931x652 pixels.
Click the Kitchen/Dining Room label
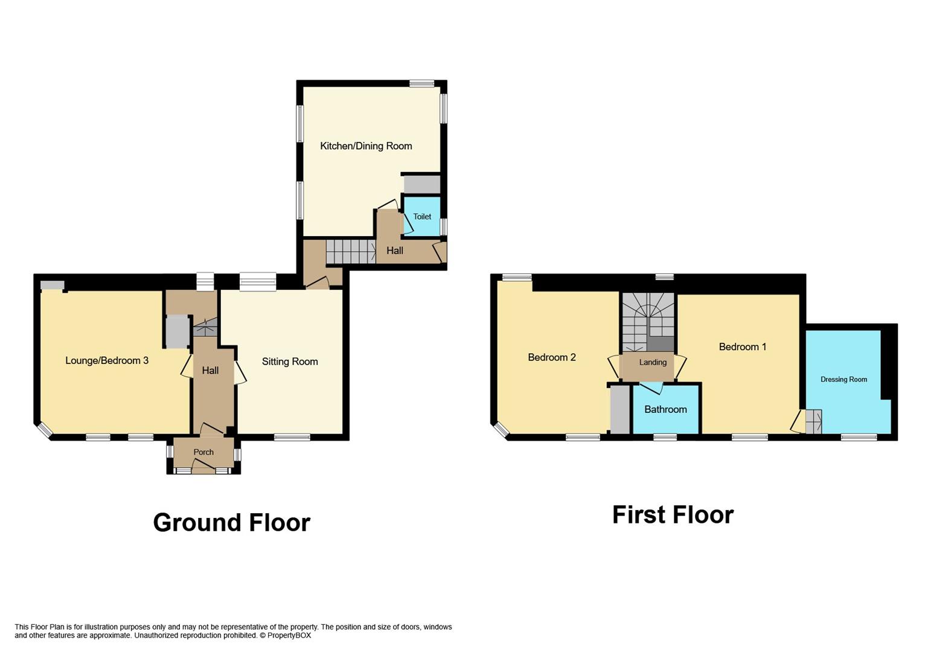click(366, 146)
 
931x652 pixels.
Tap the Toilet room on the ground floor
click(422, 217)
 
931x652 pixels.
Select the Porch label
click(203, 452)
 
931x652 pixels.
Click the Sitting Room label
click(290, 362)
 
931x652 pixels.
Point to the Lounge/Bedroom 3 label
click(107, 361)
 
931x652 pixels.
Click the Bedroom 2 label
click(552, 357)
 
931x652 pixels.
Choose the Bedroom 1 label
click(743, 347)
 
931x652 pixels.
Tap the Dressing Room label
click(843, 380)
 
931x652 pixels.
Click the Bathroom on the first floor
click(665, 409)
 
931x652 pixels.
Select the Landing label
click(653, 362)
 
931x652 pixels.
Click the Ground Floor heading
click(231, 523)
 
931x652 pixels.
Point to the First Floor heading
click(673, 515)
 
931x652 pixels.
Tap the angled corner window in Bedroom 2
click(501, 429)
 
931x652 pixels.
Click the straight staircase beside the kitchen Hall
click(350, 251)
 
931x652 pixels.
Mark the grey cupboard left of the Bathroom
click(620, 411)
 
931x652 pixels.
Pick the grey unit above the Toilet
click(421, 184)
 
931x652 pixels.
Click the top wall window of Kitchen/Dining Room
click(421, 84)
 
